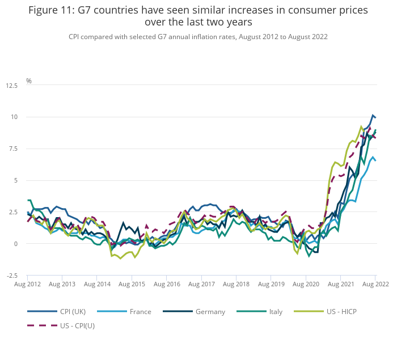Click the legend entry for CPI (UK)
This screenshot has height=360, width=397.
tap(73, 311)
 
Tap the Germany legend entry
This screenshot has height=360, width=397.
tap(210, 311)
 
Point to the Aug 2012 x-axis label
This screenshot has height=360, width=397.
tap(28, 283)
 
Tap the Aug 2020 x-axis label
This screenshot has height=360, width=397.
tap(305, 283)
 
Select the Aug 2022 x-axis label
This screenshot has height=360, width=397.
tap(375, 283)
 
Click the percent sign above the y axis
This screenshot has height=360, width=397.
tap(29, 81)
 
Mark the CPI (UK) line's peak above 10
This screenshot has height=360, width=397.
tap(373, 115)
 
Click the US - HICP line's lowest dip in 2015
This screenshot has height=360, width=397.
tap(135, 257)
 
